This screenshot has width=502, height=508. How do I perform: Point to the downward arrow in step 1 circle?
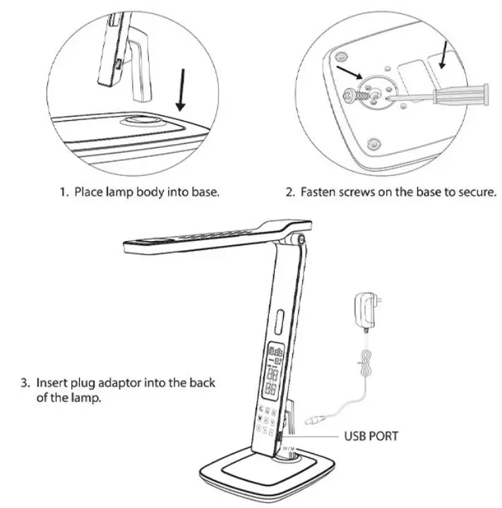[181, 88]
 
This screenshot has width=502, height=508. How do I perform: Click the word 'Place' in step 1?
[89, 192]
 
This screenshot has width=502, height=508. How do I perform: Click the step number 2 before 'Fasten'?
[289, 192]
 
